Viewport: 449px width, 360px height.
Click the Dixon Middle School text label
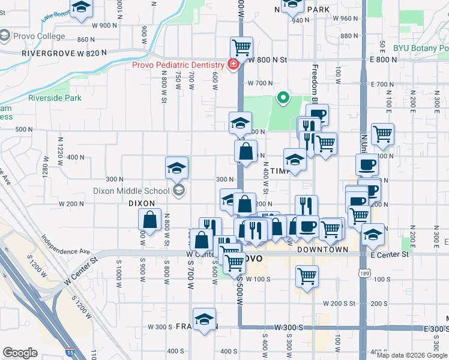[131, 191]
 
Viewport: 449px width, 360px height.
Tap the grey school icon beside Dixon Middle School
[178, 191]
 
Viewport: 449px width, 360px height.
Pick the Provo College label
[40, 36]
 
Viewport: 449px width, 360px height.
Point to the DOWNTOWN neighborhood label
[322, 249]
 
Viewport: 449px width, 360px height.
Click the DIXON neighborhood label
[142, 203]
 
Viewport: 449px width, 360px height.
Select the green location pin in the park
[283, 96]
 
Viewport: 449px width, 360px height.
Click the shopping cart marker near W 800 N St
[241, 46]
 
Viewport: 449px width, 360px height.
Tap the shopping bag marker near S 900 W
[149, 221]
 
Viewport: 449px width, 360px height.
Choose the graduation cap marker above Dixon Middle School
[177, 168]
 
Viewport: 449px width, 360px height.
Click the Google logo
[20, 353]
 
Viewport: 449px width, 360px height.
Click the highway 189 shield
[364, 274]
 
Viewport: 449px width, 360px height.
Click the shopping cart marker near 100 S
[307, 277]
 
